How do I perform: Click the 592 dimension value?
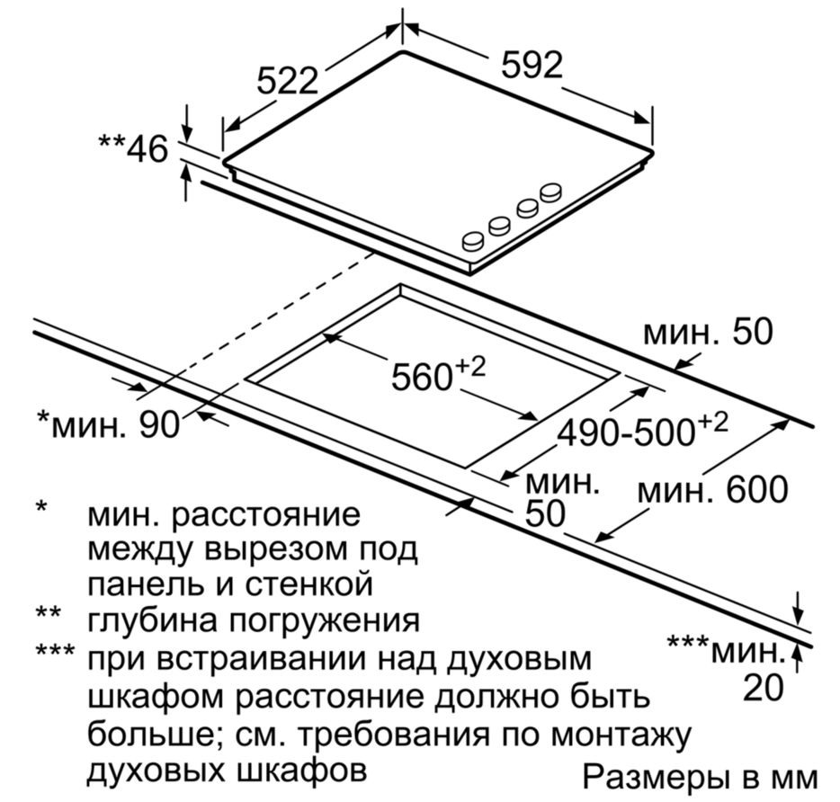532,66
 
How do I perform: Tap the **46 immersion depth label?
133,148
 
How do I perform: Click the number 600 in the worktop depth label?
756,489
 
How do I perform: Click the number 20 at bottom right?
763,687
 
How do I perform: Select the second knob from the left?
500,225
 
